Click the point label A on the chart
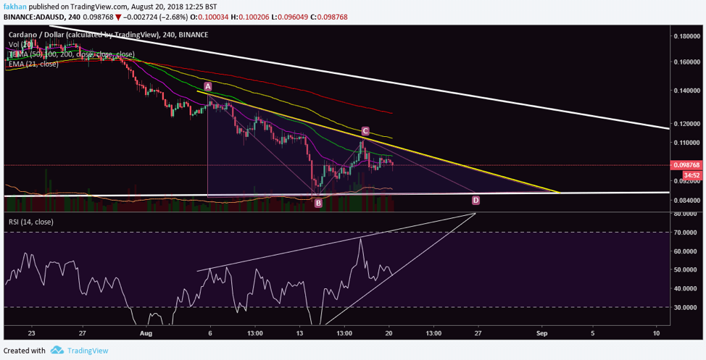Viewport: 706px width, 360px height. coord(207,86)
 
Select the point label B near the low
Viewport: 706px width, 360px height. coord(317,204)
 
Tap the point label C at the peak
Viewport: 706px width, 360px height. coord(365,131)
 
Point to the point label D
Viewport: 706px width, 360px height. coord(475,200)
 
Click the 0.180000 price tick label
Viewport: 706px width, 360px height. coord(686,35)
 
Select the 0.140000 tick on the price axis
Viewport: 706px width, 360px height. coord(686,91)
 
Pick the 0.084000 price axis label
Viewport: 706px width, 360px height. coord(686,201)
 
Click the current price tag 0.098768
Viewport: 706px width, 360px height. coord(686,165)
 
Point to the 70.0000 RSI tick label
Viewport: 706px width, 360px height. coord(686,233)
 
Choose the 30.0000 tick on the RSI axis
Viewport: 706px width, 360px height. coord(686,307)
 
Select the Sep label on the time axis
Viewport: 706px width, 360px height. coord(541,333)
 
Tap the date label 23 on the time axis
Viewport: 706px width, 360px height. coord(31,333)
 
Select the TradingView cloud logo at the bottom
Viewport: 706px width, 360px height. coord(57,351)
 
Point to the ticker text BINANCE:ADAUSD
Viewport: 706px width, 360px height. coord(30,17)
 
